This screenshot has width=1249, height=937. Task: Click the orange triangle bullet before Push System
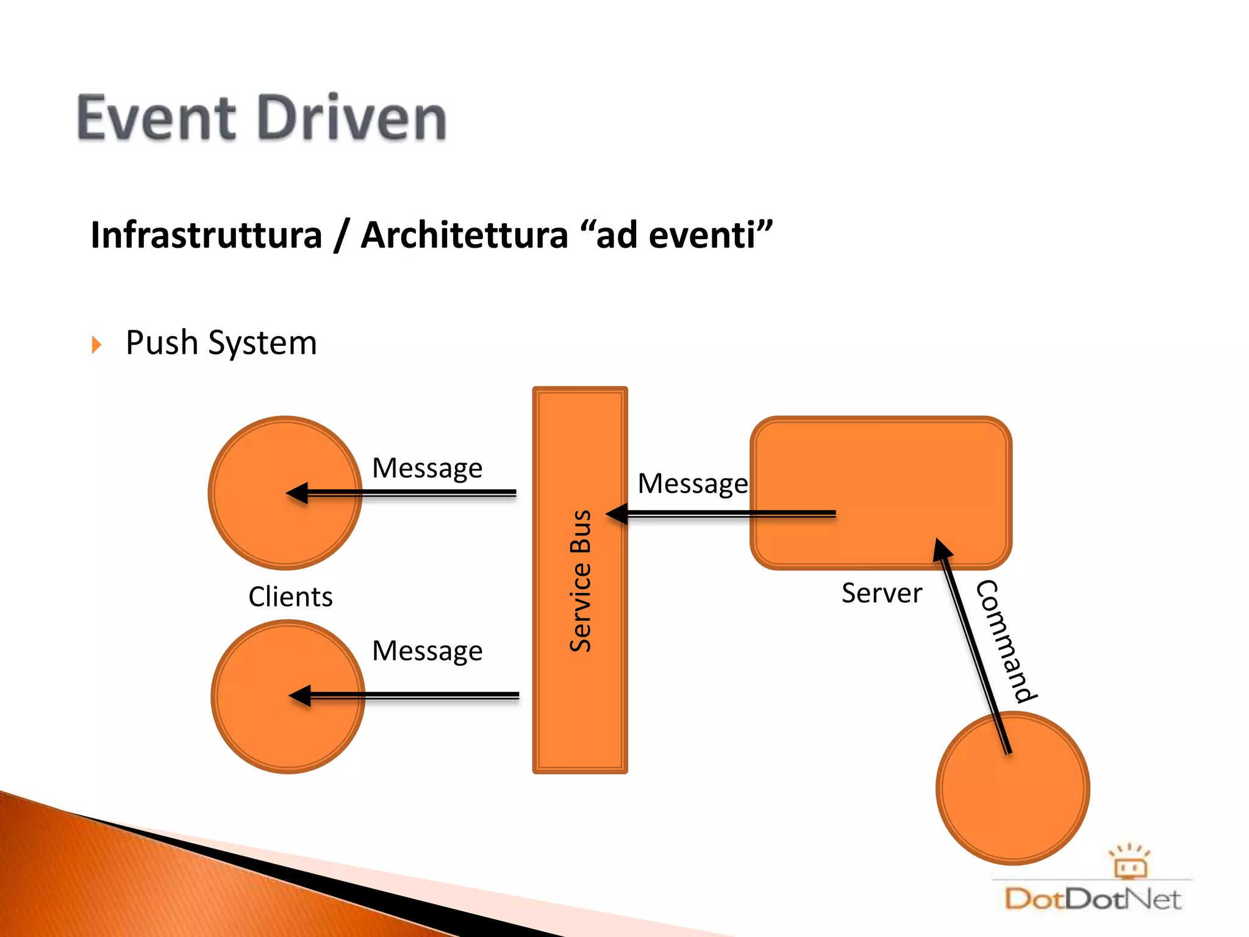(96, 345)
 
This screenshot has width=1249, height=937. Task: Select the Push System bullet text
(221, 343)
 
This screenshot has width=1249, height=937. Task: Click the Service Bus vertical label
(581, 581)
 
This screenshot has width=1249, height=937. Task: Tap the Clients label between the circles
(290, 597)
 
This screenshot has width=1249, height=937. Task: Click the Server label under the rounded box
(881, 593)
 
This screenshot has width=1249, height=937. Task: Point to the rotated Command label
(1005, 641)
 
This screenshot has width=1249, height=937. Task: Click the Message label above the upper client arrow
(427, 468)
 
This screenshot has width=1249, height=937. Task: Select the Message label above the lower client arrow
(427, 651)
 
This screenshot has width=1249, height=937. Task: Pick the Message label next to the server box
(692, 484)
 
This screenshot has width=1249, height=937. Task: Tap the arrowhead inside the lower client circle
(299, 695)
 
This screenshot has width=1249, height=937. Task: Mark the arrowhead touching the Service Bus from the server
(617, 514)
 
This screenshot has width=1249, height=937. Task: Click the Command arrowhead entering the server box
(942, 548)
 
